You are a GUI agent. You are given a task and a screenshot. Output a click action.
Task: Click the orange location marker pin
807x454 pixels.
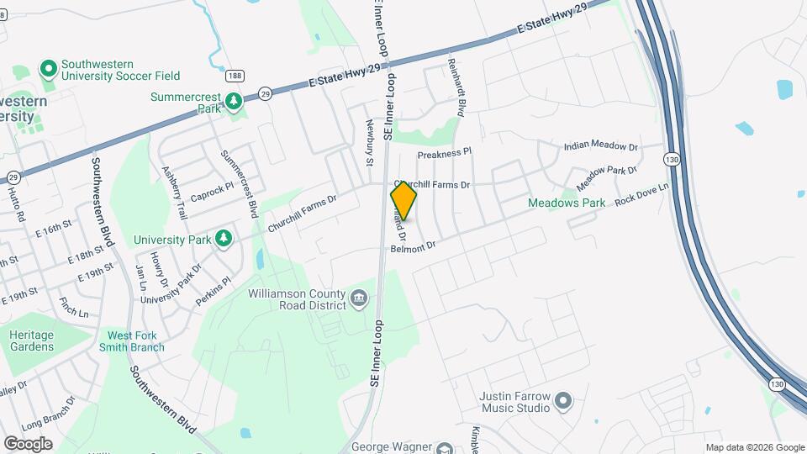point(403,200)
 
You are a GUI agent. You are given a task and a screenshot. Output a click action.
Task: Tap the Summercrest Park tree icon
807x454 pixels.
point(234,103)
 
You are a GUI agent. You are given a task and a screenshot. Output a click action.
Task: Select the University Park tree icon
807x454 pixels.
point(224,240)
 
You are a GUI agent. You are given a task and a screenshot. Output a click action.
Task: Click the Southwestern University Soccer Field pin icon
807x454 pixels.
point(48,67)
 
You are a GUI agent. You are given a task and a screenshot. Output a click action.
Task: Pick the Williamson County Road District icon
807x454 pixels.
point(359,298)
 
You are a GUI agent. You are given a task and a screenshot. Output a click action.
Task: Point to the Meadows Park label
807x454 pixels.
point(566,203)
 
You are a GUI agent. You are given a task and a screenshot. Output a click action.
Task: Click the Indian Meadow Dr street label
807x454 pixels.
point(602,145)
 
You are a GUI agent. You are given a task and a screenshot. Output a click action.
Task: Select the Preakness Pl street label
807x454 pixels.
point(446,154)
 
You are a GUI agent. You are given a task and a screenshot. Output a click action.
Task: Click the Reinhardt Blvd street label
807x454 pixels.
point(461,88)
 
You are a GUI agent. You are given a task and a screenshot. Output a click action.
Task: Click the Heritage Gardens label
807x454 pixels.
point(31,340)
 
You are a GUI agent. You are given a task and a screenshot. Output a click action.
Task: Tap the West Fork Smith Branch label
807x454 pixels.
point(136,341)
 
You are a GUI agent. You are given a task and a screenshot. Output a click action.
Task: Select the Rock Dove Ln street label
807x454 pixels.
point(641,196)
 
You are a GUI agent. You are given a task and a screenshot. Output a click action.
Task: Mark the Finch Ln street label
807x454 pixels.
point(74,307)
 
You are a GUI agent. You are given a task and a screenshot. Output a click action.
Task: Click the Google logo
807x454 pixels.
point(28,443)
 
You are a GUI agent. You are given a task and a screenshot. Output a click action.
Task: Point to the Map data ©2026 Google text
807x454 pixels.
point(754,447)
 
